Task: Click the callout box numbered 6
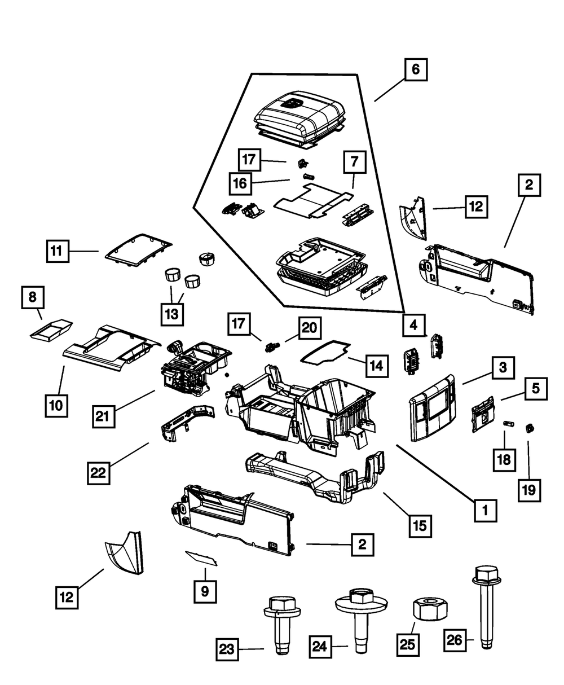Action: click(x=415, y=71)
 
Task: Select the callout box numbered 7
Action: click(x=354, y=162)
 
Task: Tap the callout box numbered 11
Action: click(x=58, y=251)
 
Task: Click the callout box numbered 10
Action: click(x=57, y=405)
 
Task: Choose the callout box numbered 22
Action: click(x=98, y=473)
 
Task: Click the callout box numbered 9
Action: click(x=205, y=591)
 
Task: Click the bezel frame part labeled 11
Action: click(x=137, y=248)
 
